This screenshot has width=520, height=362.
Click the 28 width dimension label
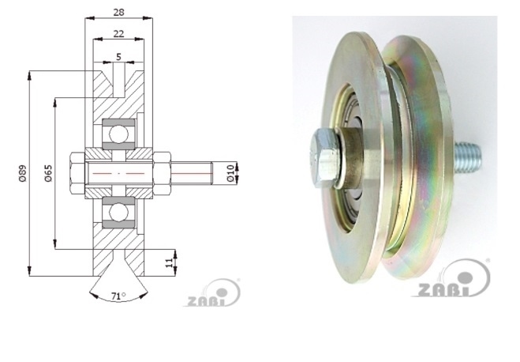coord(118,13)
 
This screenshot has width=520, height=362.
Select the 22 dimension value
coord(118,34)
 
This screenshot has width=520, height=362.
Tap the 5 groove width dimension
coord(118,57)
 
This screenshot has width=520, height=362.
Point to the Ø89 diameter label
coord(22,173)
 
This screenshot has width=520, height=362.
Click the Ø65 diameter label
coord(48,173)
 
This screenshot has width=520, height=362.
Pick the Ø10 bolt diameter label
coord(231,172)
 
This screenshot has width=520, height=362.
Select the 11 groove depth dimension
coord(169,262)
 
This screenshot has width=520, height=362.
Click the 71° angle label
coord(118,296)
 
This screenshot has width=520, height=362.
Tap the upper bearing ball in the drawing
coord(118,134)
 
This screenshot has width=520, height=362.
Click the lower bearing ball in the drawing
coord(118,212)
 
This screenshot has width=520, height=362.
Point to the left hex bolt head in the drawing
coord(77,173)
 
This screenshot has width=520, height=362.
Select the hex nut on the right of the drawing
coord(162,173)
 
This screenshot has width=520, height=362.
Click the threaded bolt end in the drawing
coord(192,173)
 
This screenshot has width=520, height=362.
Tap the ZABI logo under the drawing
coord(213,293)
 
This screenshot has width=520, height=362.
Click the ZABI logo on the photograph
coord(451,279)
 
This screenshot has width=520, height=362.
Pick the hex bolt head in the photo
coord(325,158)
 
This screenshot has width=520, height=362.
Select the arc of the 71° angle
coord(118,297)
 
